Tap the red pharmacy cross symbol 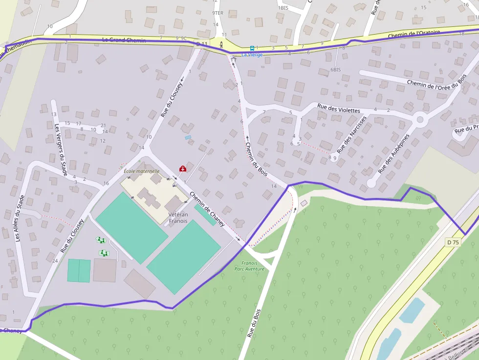pos(183,169)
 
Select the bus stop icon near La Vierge pos(252,48)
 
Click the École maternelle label pos(142,171)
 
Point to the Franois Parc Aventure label pos(249,266)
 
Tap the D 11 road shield pos(202,44)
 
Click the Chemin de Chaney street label pos(207,210)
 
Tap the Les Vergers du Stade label pos(61,149)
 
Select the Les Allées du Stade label pos(20,218)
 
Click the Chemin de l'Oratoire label pos(414,35)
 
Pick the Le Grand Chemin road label pos(124,40)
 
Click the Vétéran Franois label pos(178,218)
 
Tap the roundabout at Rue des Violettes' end pos(420,119)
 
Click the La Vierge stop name pos(252,55)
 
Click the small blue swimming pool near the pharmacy pos(188,137)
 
